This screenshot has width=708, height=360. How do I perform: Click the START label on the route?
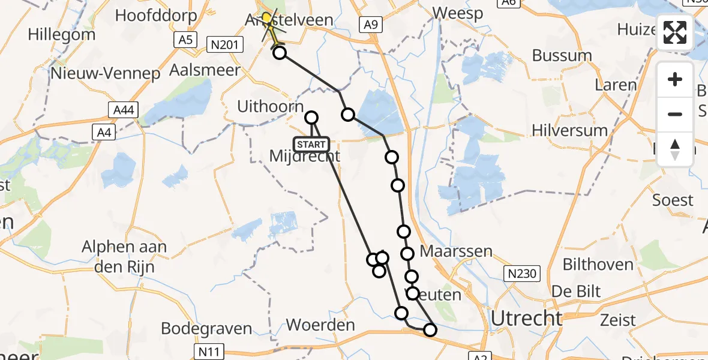click(x=311, y=144)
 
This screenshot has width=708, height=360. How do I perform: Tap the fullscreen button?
click(x=675, y=32)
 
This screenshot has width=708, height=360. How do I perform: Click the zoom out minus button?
click(x=675, y=114)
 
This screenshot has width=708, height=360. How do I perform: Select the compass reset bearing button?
click(x=675, y=149)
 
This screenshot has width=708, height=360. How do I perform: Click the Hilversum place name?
click(x=569, y=130)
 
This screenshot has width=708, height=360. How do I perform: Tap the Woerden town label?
click(x=320, y=325)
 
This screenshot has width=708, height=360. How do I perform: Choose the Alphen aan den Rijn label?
click(x=125, y=257)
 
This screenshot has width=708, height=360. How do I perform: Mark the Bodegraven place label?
click(x=206, y=329)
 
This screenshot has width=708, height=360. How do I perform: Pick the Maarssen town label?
click(x=456, y=251)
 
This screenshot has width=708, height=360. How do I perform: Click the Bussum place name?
click(x=562, y=56)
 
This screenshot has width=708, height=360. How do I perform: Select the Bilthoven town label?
click(x=598, y=264)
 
